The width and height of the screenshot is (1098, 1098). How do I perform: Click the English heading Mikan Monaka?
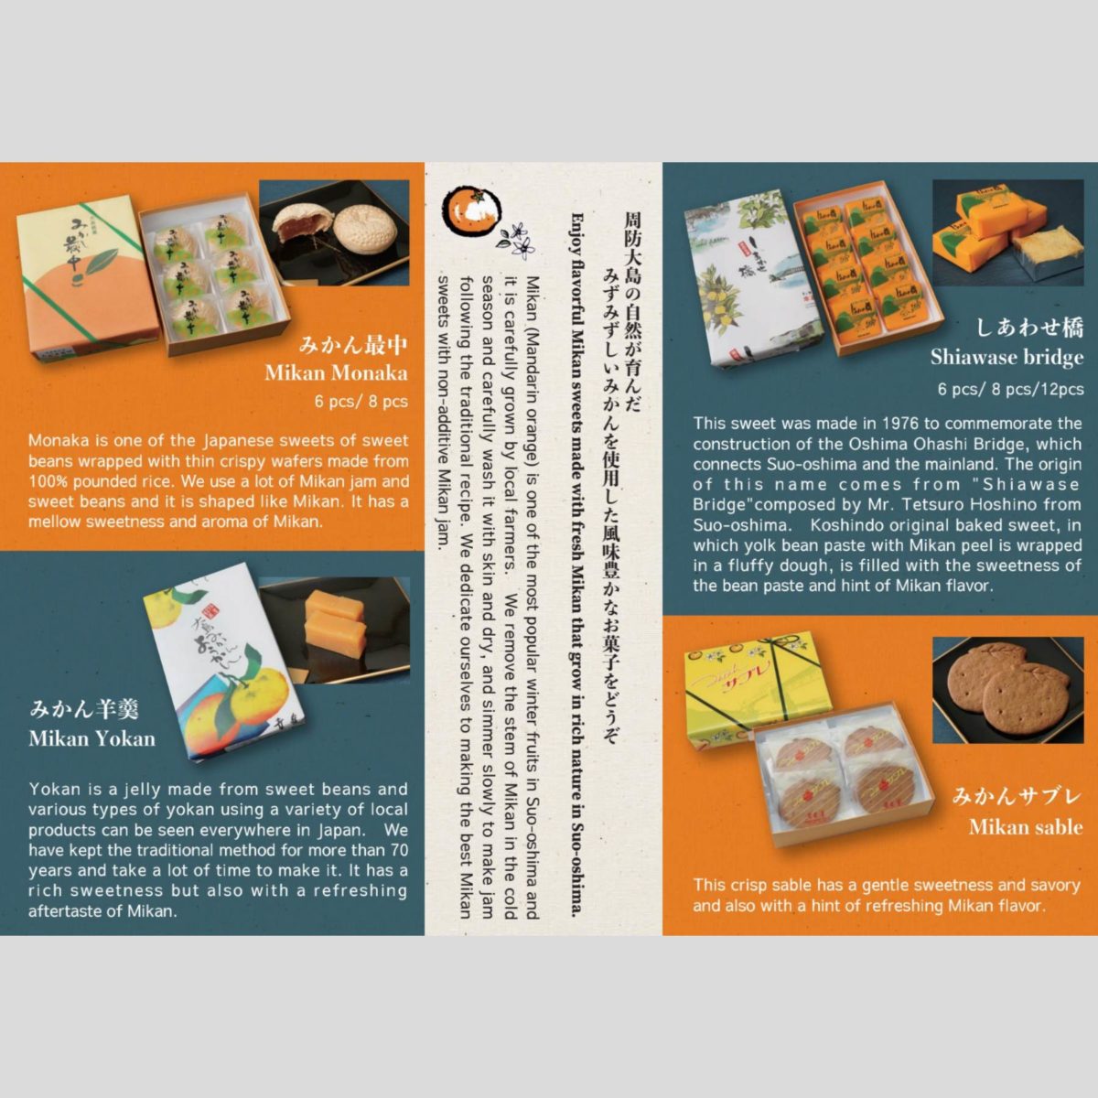(336, 373)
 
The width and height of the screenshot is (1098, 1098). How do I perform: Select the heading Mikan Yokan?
(91, 738)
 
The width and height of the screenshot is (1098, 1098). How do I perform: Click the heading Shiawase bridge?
(1006, 357)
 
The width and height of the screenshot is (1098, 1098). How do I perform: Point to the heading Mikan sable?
(1026, 827)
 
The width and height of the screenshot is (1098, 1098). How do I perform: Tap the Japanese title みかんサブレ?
(1017, 796)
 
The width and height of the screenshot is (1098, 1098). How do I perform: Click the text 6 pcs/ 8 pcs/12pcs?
(1010, 389)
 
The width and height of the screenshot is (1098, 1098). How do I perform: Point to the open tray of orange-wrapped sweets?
(856, 267)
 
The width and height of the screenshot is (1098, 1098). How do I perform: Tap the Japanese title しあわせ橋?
(1029, 328)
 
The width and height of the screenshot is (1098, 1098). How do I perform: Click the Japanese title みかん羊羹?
(84, 709)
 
